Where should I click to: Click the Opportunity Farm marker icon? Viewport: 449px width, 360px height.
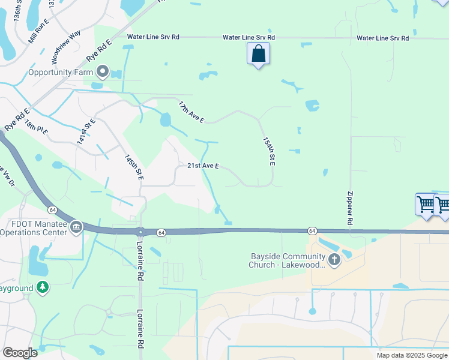[x=103, y=73]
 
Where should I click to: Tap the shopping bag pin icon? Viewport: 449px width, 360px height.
[x=258, y=54]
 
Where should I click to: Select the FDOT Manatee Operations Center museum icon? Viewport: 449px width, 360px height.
[x=76, y=227]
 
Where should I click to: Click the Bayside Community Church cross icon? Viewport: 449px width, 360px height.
[x=334, y=259]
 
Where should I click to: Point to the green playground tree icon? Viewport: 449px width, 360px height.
[x=42, y=287]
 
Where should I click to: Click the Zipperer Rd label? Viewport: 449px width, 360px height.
[x=350, y=208]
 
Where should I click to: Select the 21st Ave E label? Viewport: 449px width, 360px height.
[x=203, y=166]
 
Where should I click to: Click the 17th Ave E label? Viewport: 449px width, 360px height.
[x=191, y=112]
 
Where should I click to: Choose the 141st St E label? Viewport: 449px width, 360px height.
[x=86, y=132]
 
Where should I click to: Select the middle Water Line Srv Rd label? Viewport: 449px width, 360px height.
[x=249, y=37]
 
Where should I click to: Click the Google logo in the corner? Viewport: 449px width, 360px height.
[x=20, y=353]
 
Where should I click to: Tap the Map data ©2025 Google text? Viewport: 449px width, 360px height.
[x=412, y=355]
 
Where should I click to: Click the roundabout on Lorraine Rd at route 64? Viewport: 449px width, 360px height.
[x=140, y=232]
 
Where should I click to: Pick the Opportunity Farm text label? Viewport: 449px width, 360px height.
[x=61, y=73]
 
